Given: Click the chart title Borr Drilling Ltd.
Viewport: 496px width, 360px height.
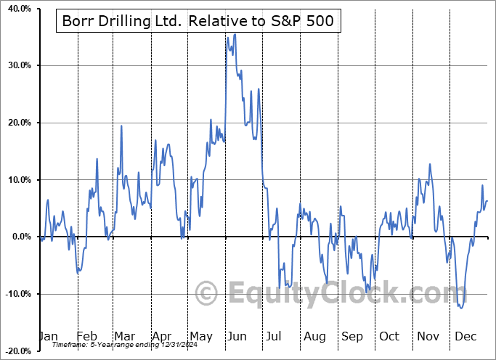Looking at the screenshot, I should click(195, 20).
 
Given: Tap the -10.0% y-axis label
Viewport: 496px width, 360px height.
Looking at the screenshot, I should click(16, 294).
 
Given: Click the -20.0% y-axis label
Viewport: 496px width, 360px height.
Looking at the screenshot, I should click(16, 351).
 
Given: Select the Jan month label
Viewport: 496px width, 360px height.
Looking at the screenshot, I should click(47, 336).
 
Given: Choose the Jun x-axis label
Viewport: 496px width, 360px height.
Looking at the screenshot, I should click(237, 336).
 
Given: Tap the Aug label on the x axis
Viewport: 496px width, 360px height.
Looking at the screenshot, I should click(314, 336).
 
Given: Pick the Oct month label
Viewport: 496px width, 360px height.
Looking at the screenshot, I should click(389, 336).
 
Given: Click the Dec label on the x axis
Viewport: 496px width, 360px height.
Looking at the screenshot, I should click(465, 336).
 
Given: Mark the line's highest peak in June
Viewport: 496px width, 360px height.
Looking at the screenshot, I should click(235, 34).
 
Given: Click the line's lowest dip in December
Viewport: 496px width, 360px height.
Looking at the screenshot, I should click(461, 308).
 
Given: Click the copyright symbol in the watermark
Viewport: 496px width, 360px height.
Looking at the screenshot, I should click(207, 294).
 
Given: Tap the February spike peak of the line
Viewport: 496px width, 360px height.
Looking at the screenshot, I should click(97, 159).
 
